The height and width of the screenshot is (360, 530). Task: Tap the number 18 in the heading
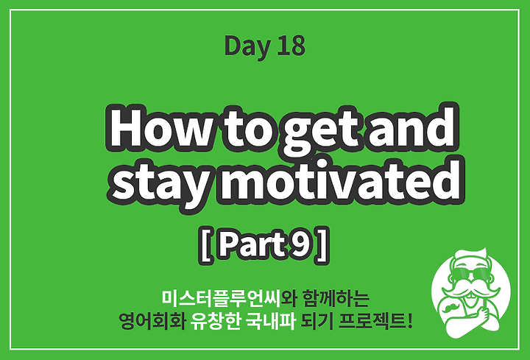tap(291, 46)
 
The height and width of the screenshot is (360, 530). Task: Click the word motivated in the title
tap(341, 180)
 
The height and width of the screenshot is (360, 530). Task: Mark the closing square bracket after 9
tap(322, 245)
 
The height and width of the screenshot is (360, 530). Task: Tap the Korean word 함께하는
tap(336, 297)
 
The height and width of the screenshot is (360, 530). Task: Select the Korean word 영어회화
tap(152, 321)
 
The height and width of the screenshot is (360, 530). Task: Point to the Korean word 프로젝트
tap(372, 321)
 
